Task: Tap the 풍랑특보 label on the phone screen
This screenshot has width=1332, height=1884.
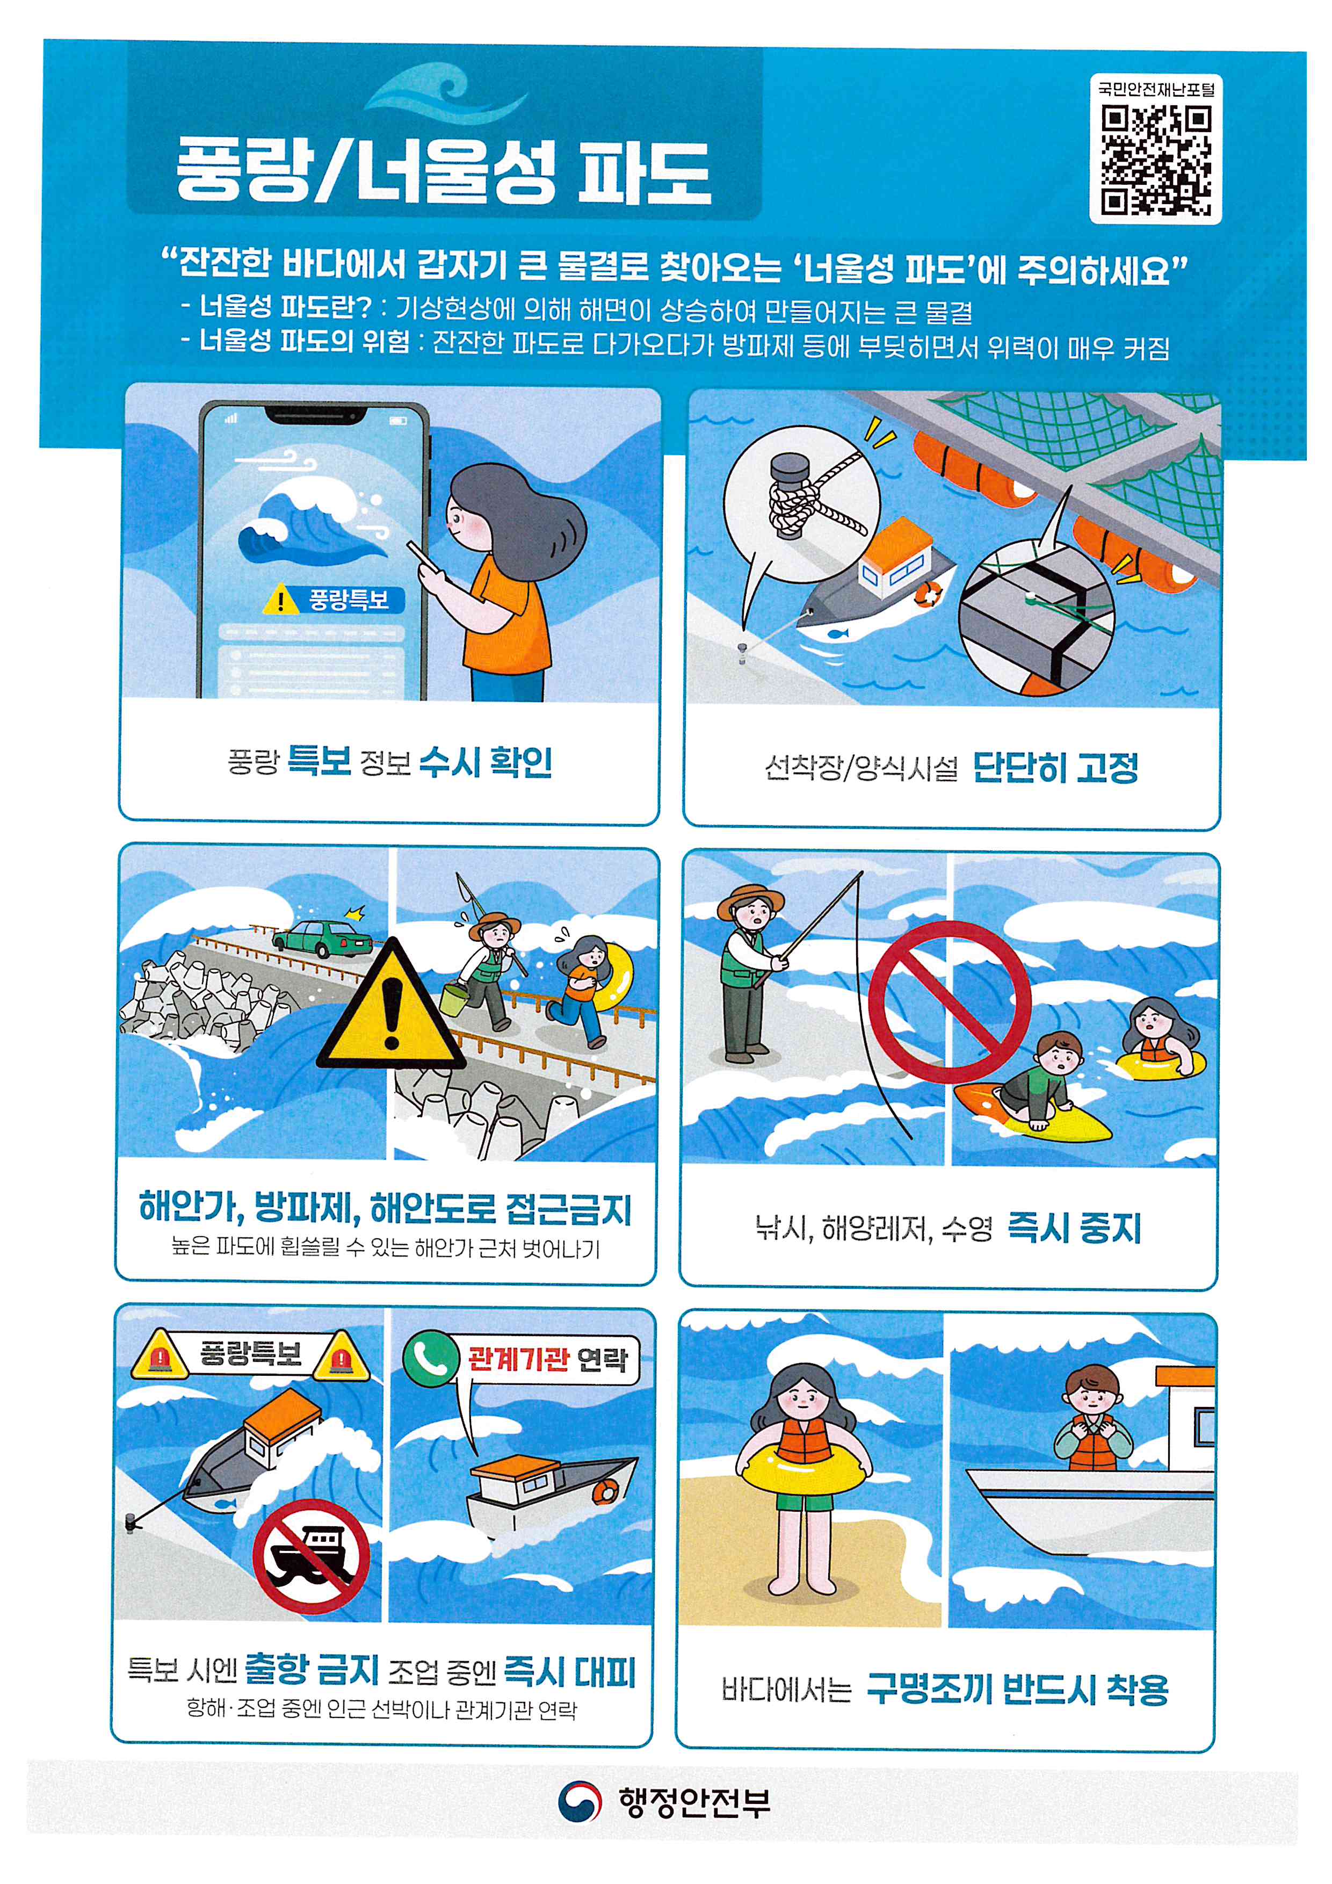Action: (348, 600)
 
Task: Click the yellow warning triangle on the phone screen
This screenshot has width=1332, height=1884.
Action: (280, 600)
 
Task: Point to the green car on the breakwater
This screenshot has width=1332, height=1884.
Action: (322, 938)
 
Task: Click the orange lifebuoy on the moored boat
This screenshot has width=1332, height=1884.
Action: (929, 593)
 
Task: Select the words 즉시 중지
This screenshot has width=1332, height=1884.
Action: (1074, 1228)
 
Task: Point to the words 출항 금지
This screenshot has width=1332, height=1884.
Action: (312, 1669)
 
